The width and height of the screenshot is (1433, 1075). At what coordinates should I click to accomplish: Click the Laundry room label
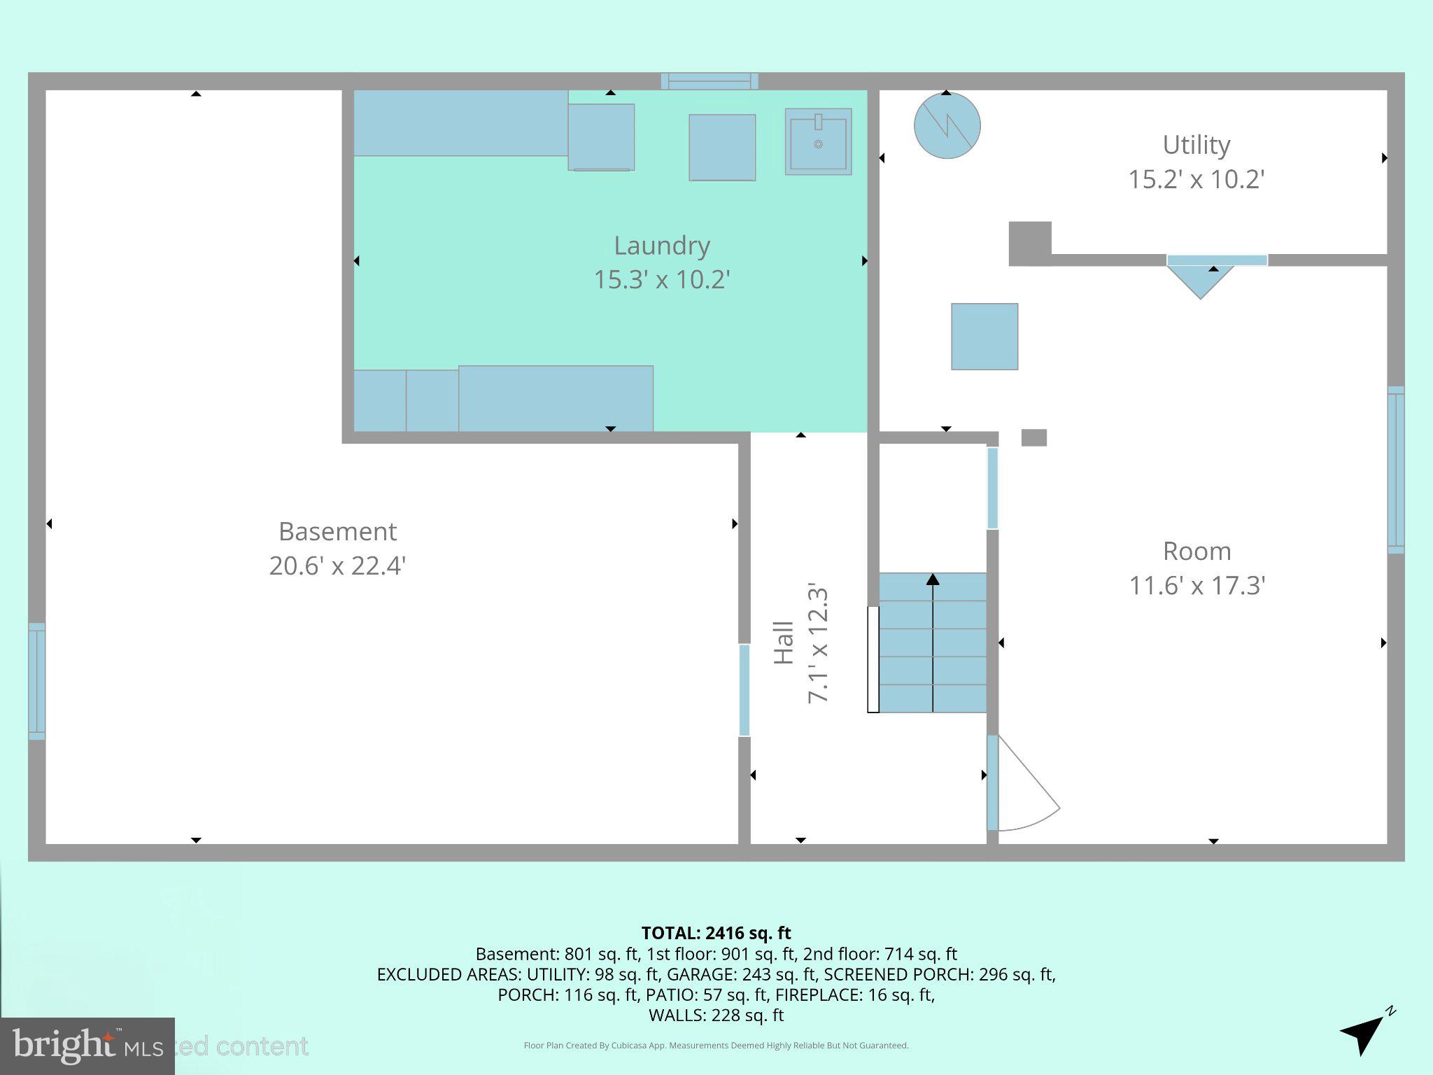click(662, 246)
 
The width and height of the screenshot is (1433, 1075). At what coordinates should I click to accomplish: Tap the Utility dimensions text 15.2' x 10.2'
click(1196, 180)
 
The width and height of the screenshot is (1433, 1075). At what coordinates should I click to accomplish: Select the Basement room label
click(337, 532)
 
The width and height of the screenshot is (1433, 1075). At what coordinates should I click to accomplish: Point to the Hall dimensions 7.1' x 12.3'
click(818, 642)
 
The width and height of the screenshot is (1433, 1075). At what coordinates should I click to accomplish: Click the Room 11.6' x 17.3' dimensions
click(1196, 586)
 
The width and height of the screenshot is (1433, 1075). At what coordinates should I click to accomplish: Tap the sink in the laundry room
click(818, 141)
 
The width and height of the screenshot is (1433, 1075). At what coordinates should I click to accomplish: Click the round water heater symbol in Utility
click(947, 125)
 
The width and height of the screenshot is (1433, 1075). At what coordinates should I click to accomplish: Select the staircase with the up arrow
click(932, 642)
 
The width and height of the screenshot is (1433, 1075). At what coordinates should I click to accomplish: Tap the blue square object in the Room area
click(984, 337)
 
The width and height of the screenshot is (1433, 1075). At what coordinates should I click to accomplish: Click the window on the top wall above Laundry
click(710, 81)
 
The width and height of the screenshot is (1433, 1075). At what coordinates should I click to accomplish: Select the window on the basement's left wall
click(36, 681)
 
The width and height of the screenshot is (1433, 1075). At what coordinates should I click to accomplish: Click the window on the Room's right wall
click(1395, 470)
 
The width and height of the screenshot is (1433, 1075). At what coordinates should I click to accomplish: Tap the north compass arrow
click(1365, 1032)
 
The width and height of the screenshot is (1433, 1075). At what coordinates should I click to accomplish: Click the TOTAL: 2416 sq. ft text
click(716, 933)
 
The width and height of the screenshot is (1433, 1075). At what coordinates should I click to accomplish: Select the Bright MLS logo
click(87, 1046)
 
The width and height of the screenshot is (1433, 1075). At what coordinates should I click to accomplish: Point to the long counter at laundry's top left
click(460, 123)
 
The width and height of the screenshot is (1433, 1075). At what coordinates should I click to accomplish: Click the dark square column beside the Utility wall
click(1029, 244)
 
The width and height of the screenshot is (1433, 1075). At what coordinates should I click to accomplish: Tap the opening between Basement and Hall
click(744, 690)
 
